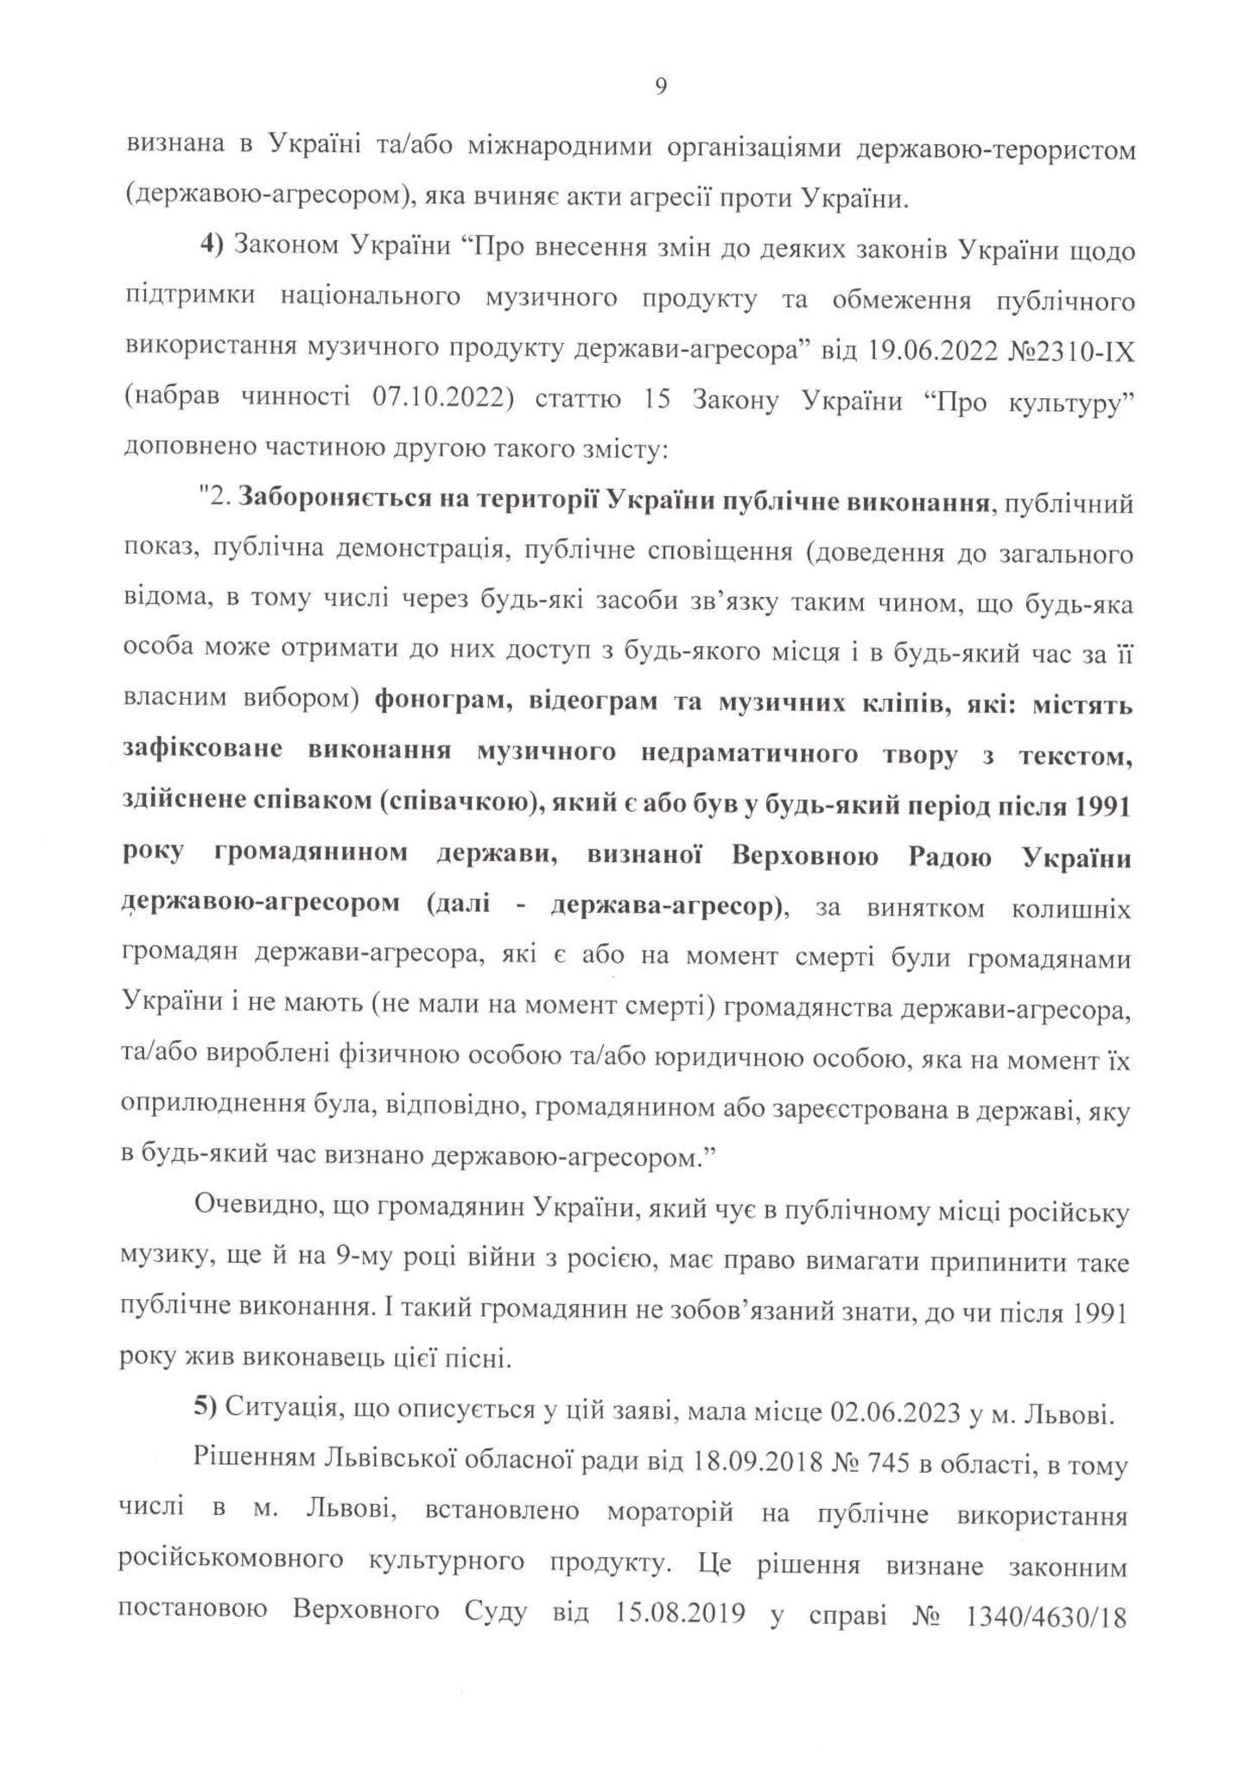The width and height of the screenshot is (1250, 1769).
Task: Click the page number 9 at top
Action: [x=660, y=86]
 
